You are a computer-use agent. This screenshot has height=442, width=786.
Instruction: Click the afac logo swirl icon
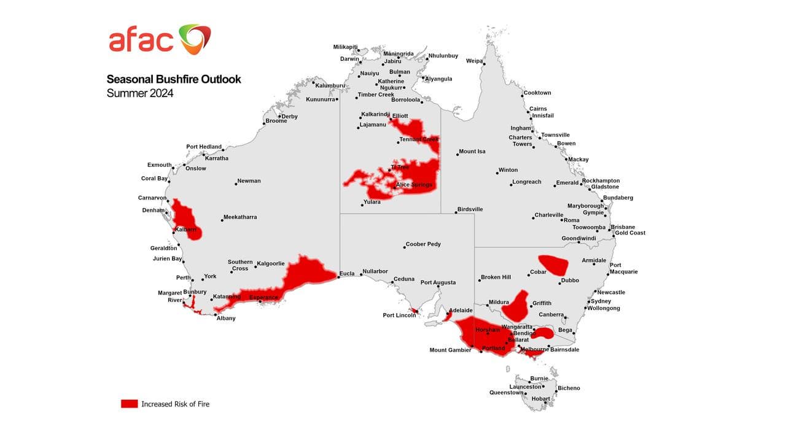coord(195,39)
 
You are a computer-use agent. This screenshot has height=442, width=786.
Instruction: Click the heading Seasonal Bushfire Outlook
coord(174,79)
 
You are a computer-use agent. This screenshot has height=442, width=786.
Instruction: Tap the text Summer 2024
coord(140,93)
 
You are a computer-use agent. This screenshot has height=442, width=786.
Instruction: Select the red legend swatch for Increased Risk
coord(130,403)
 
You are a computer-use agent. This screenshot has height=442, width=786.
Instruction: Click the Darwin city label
coord(349,59)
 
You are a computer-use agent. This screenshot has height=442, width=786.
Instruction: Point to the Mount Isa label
coord(472,152)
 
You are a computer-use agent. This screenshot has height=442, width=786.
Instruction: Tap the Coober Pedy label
coord(423,244)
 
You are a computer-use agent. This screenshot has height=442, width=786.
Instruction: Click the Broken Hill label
coord(496,277)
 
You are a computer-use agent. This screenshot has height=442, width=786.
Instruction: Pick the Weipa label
coord(474,61)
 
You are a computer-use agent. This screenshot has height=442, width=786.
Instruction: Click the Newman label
coord(249,181)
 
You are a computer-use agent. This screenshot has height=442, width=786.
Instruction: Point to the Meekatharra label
coord(240,217)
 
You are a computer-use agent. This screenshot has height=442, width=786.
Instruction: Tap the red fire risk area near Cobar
coord(553,265)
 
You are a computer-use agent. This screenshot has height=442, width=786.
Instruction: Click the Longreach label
coord(527,182)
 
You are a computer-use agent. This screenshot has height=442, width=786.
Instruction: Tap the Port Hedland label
coord(204,147)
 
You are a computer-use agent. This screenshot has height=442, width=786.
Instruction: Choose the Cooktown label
coord(537,93)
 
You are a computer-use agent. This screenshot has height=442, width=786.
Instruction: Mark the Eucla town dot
coord(339,277)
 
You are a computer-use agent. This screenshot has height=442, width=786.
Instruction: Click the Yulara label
coord(372,202)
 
